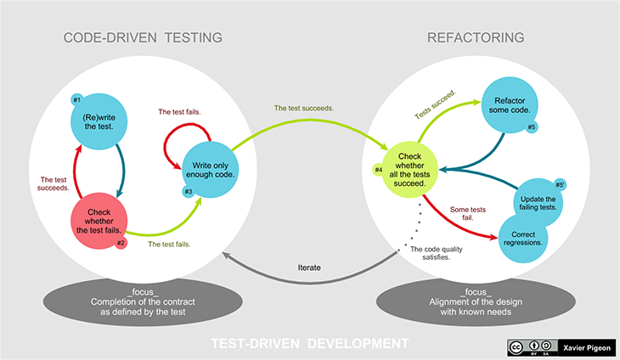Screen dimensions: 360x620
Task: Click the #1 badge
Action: pos(76,99)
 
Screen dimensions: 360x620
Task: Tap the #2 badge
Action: pos(121,243)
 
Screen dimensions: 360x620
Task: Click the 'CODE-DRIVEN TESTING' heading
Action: pos(143,37)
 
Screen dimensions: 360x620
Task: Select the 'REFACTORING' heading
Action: pos(475,37)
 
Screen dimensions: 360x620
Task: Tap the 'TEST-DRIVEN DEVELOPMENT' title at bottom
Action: pos(310,343)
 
